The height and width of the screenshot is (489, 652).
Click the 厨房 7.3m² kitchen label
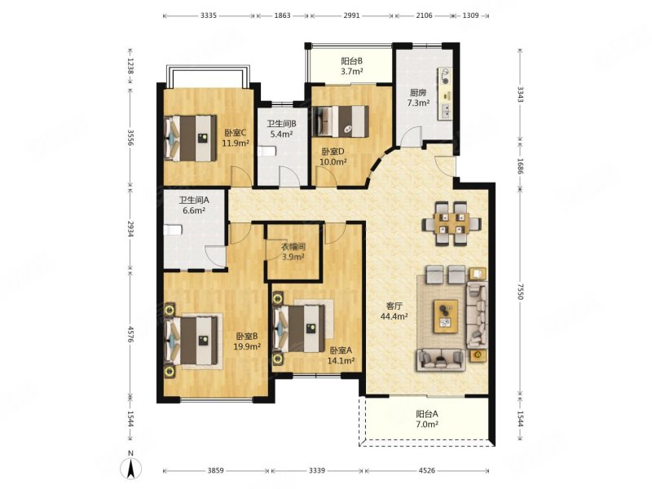[x=418, y=98]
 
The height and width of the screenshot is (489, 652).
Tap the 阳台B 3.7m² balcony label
[x=352, y=66]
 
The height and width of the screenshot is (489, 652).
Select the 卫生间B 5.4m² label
[x=281, y=129]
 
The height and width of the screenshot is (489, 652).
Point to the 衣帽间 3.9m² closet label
[x=293, y=252]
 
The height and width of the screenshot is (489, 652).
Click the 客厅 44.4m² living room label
[x=394, y=311]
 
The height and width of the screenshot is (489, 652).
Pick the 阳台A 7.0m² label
[x=427, y=419]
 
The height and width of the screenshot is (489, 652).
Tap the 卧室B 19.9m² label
[x=247, y=341]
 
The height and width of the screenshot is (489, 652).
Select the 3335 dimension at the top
[x=209, y=15]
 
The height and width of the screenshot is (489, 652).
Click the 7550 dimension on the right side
[x=521, y=291]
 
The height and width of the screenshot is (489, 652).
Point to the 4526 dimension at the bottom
[x=426, y=471]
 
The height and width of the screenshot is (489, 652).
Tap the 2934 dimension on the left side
[x=130, y=228]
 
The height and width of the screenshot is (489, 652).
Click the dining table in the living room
[x=452, y=223]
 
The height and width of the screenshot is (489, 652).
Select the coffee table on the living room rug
[x=446, y=316]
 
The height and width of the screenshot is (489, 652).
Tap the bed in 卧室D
[x=341, y=121]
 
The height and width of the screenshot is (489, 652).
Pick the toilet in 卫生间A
[x=173, y=230]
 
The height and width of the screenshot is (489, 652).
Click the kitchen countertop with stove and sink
[x=444, y=94]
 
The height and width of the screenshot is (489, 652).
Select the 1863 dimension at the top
[x=282, y=15]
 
